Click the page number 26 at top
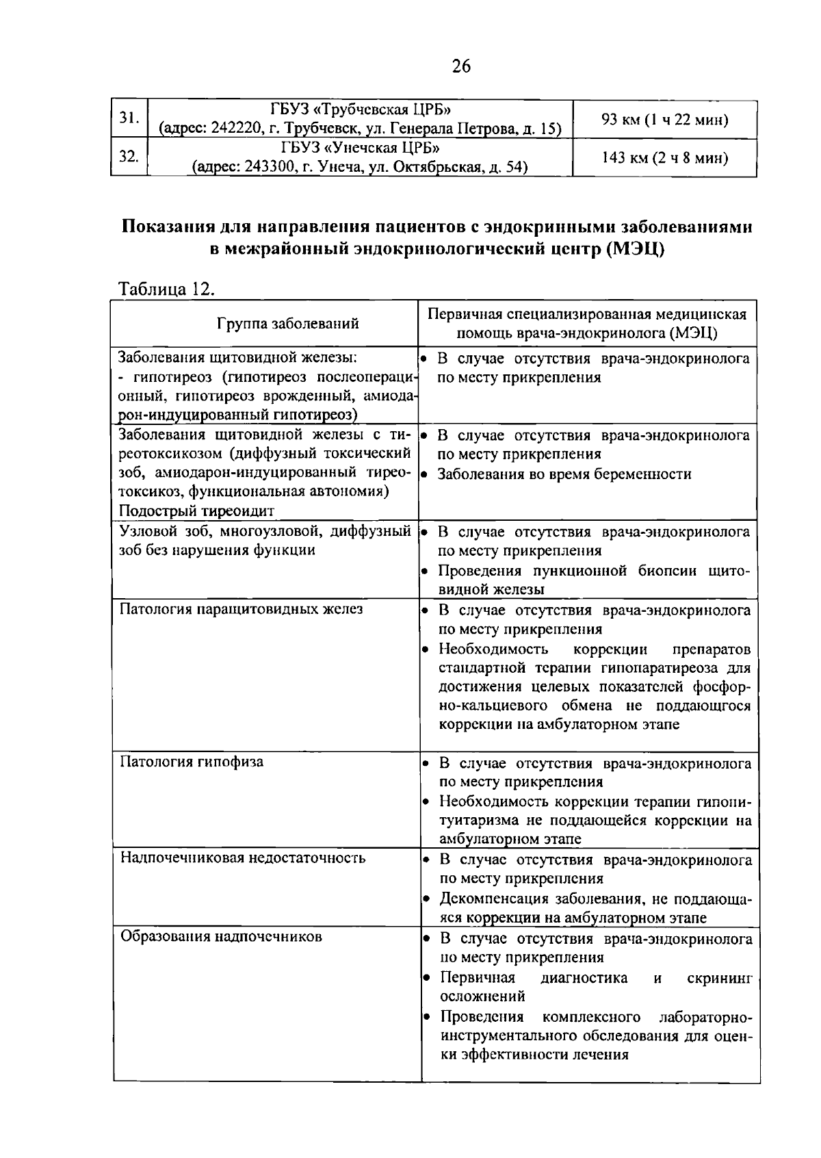pos(461,66)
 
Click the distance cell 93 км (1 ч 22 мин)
pos(664,120)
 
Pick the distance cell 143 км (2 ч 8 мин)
pos(664,159)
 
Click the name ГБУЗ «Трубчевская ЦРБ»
pos(360,110)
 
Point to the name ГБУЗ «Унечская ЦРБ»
pos(360,149)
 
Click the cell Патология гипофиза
pos(192,762)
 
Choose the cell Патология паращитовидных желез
pos(242,608)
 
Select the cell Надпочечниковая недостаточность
pos(243,858)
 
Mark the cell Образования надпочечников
pos(221,936)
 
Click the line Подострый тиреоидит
pos(196,511)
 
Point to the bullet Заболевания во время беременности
pos(564,474)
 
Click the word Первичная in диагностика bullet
pos(478,977)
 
